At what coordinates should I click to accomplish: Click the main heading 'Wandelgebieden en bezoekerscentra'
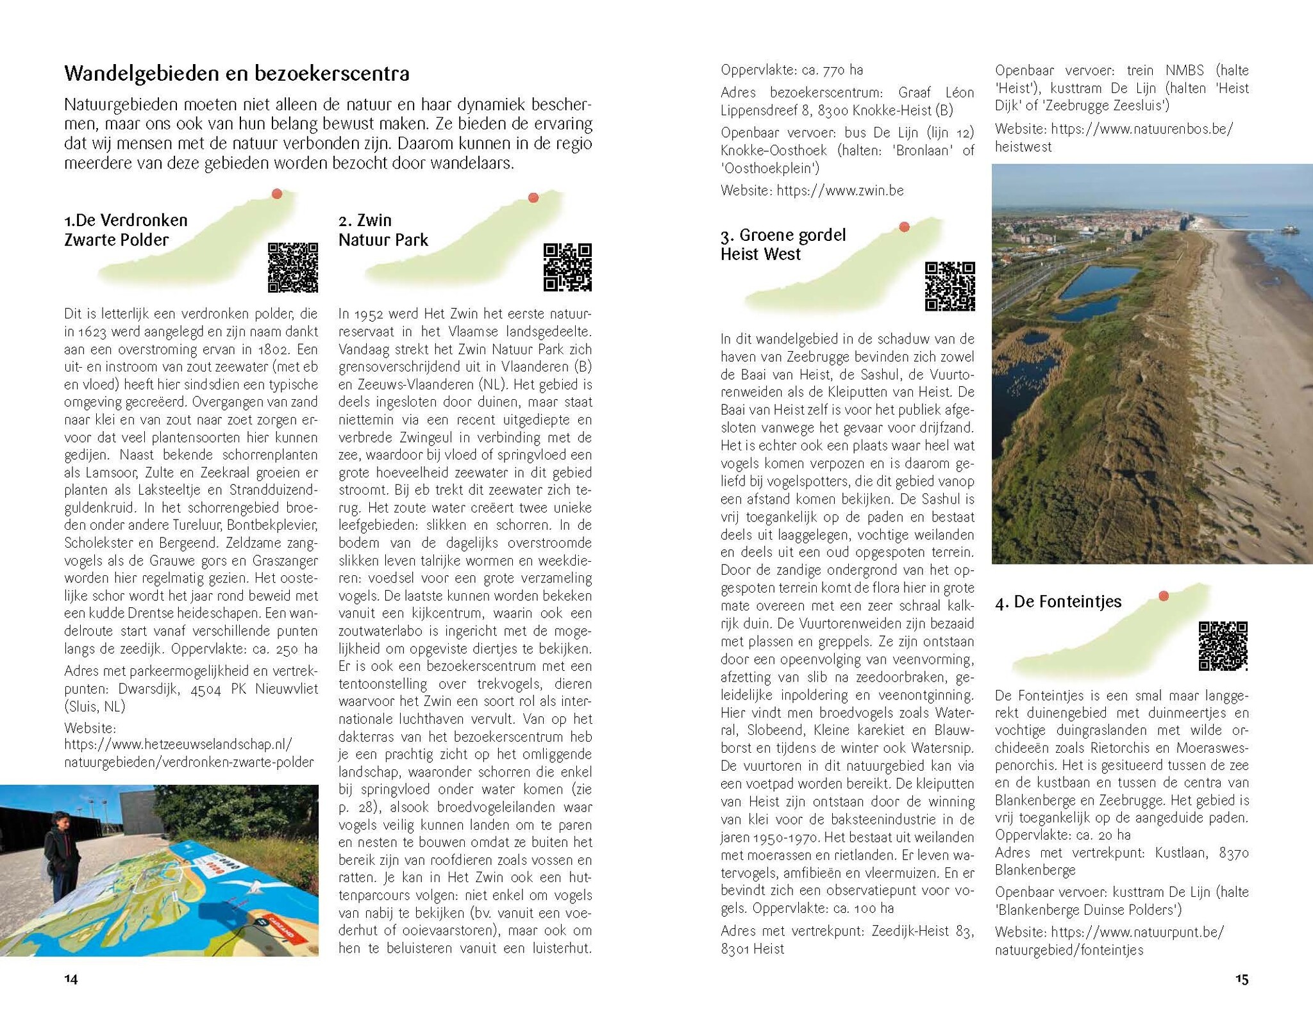[x=237, y=74]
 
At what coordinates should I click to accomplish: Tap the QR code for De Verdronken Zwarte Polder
[x=292, y=267]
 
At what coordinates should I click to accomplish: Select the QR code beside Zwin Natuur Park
[x=567, y=267]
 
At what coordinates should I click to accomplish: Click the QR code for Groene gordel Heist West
[x=949, y=286]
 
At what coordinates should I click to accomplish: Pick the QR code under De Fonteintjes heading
[x=1223, y=646]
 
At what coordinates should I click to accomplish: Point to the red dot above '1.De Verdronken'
[x=277, y=193]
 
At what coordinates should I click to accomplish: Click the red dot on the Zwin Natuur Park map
[x=533, y=197]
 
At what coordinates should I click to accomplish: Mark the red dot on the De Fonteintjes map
[x=1164, y=596]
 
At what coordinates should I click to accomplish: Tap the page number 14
[x=71, y=979]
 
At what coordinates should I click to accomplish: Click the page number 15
[x=1242, y=979]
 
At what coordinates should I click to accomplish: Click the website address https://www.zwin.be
[x=840, y=190]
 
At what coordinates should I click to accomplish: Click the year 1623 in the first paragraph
[x=92, y=332]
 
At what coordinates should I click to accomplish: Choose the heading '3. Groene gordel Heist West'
[x=783, y=244]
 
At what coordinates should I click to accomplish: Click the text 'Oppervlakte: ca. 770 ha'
[x=792, y=70]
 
